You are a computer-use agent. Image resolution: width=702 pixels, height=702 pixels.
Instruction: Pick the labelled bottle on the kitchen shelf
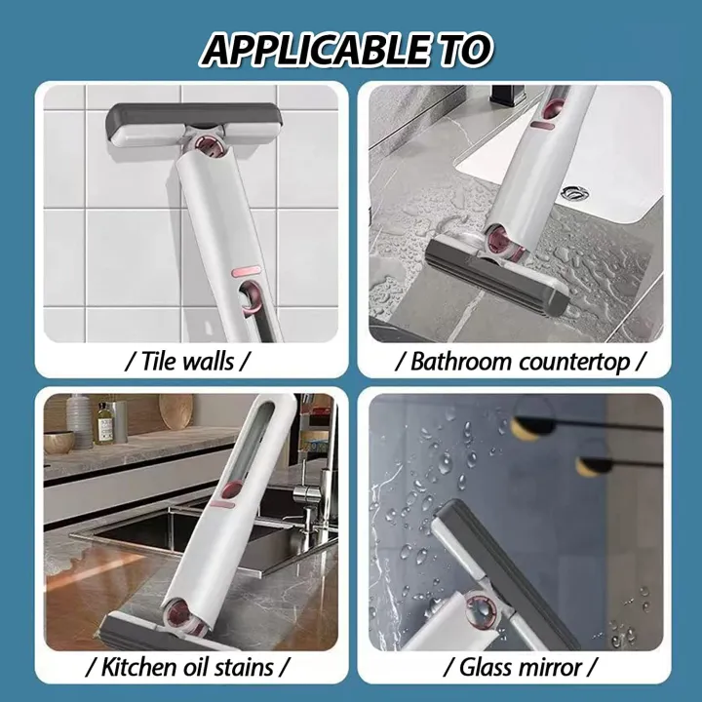tap(104, 421)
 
